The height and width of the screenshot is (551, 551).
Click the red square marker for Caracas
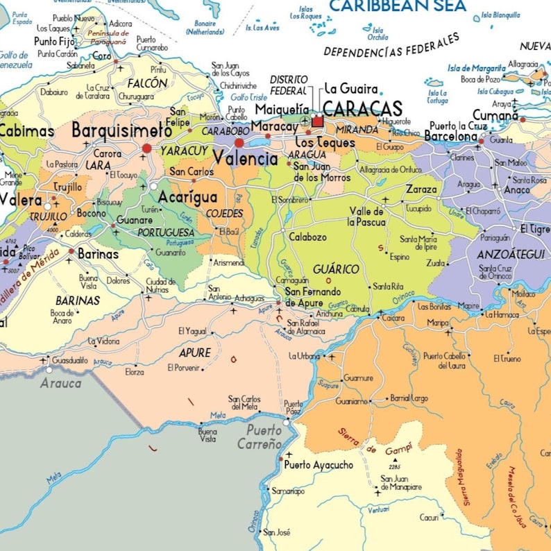[318, 121]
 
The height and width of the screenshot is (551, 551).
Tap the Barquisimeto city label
[121, 130]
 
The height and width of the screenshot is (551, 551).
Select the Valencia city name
[245, 158]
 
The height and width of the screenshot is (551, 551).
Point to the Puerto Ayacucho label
[319, 465]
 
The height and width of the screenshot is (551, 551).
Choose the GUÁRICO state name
[336, 269]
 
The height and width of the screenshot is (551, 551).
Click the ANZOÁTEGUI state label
[510, 254]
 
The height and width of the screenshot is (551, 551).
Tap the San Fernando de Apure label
[313, 296]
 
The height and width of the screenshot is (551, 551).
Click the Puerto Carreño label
[260, 436]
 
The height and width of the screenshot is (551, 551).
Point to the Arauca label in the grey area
[60, 383]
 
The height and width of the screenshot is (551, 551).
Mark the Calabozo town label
[307, 237]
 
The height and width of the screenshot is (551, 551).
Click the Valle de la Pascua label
[366, 217]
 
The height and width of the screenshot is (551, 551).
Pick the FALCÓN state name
[148, 83]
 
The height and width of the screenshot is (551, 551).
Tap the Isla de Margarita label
[476, 68]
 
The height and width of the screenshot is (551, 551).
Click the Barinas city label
[97, 254]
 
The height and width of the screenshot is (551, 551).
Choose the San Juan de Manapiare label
[401, 482]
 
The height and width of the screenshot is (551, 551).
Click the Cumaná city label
[495, 115]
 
